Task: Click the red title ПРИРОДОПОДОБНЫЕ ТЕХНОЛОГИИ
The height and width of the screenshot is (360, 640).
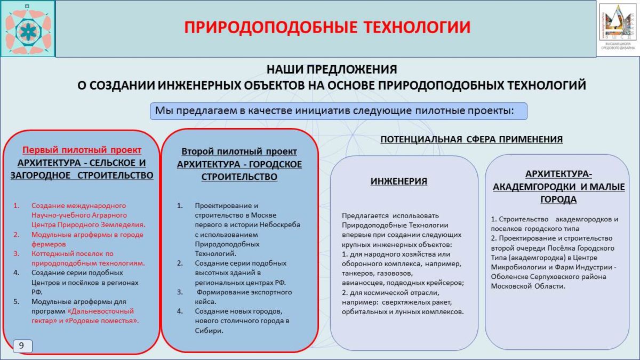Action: click(x=327, y=27)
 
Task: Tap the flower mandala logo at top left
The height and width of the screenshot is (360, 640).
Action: click(x=28, y=28)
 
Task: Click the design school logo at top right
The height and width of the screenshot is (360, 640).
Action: click(x=618, y=28)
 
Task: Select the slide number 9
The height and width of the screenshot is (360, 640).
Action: click(x=22, y=346)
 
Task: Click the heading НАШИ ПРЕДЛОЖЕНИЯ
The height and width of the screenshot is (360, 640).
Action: click(x=332, y=69)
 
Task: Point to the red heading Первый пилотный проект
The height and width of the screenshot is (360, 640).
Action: click(x=82, y=150)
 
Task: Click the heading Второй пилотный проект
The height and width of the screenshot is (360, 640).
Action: click(x=239, y=152)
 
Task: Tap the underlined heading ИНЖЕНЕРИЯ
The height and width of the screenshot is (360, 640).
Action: click(x=399, y=181)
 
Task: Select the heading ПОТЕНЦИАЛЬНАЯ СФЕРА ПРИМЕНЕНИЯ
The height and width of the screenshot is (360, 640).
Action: click(x=471, y=140)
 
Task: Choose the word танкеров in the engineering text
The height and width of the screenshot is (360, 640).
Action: click(x=356, y=273)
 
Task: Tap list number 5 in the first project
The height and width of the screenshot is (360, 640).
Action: click(x=17, y=301)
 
